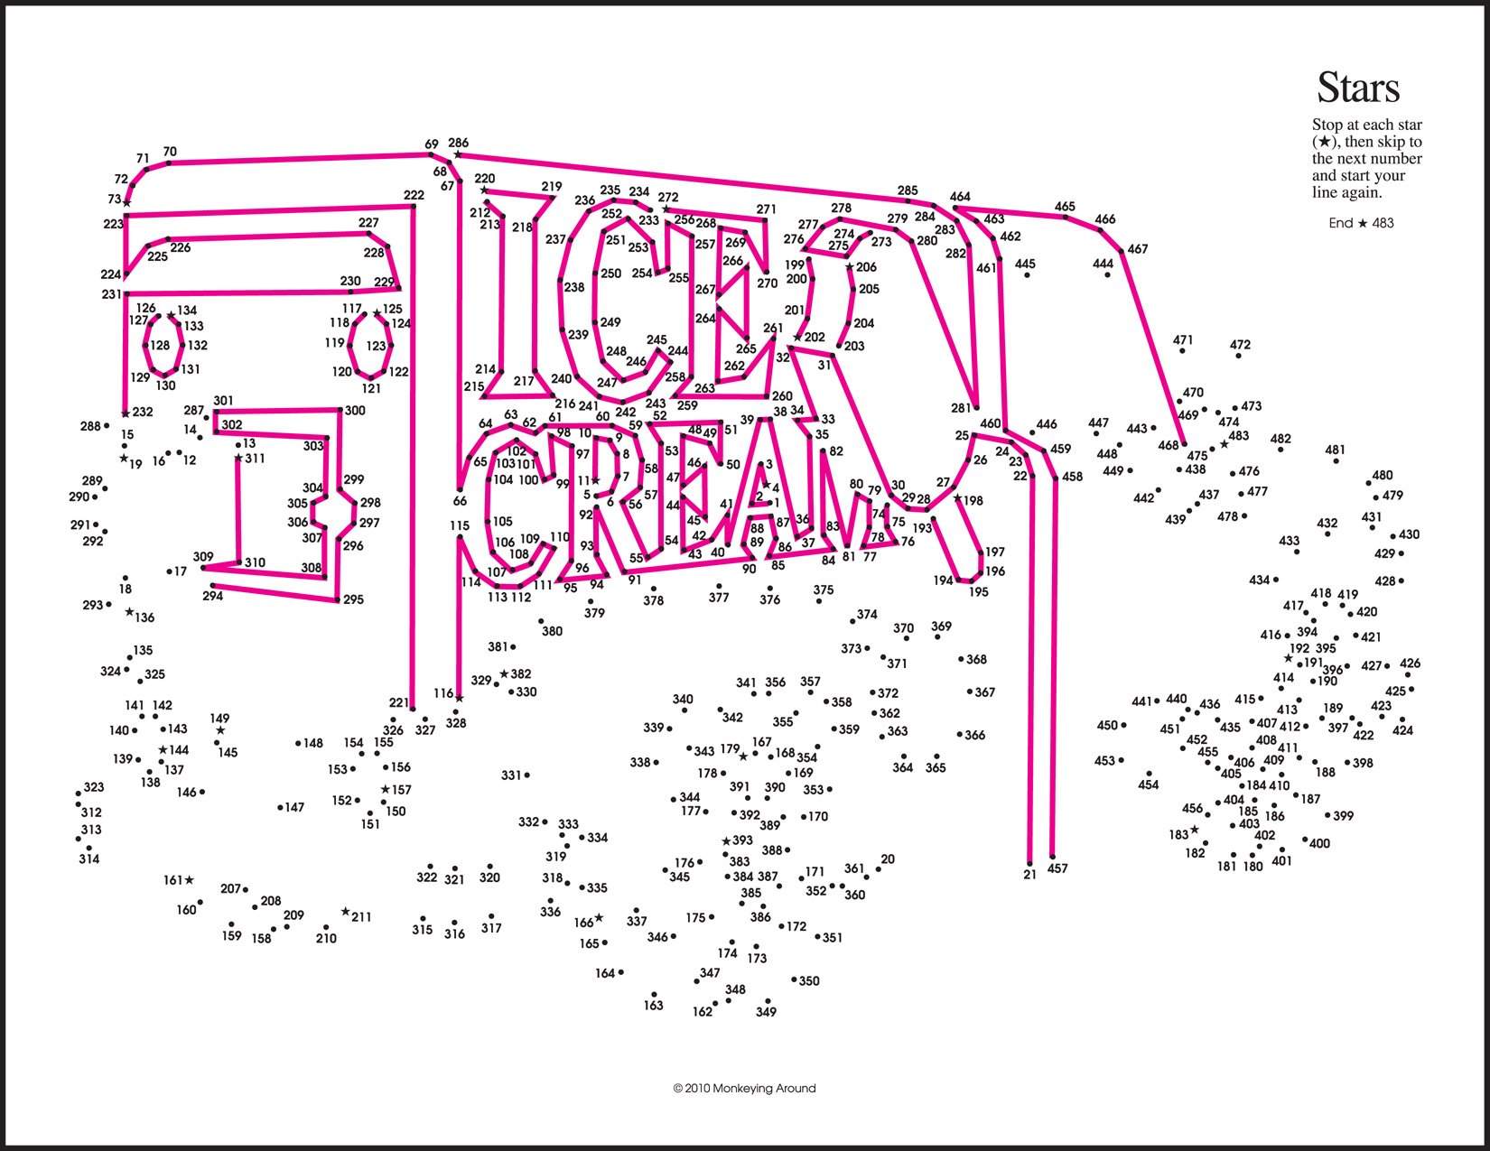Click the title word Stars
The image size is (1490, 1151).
(x=1358, y=88)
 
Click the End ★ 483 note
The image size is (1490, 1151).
(x=1361, y=223)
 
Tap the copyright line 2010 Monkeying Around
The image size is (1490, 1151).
(x=744, y=1089)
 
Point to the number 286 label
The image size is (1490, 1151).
(x=458, y=143)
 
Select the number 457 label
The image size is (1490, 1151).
(x=1057, y=868)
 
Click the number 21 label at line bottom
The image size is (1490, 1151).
(x=1029, y=874)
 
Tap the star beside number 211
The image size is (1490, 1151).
(x=345, y=913)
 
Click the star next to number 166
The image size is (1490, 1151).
(x=599, y=918)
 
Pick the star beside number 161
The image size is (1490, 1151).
(x=190, y=880)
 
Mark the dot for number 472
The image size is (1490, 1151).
(x=1238, y=357)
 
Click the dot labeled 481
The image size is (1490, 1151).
(x=1336, y=461)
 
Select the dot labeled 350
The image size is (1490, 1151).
(x=794, y=979)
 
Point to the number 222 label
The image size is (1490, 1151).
(x=414, y=195)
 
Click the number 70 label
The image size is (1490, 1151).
(x=170, y=152)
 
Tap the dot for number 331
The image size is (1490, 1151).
(x=526, y=775)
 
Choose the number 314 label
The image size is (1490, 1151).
(x=88, y=859)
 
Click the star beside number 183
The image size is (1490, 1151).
(x=1194, y=830)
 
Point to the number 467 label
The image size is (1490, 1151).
(x=1138, y=249)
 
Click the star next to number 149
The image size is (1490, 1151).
(x=220, y=730)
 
